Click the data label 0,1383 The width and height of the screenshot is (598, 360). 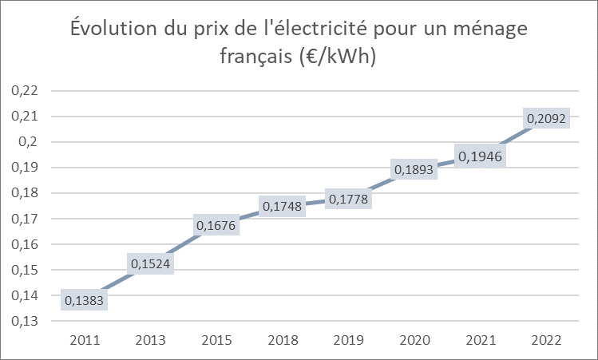point(85,301)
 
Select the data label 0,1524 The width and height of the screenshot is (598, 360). point(149,263)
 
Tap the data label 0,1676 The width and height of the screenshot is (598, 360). point(215,226)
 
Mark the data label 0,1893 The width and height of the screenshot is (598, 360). point(411,170)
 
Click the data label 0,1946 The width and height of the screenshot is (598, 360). point(477,156)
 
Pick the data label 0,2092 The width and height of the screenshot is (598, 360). point(545,119)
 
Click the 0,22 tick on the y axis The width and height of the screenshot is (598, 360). point(25,91)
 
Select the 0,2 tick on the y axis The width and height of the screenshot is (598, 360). point(29,142)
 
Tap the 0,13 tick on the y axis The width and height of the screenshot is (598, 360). point(25,321)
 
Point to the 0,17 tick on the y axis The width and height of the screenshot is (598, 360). point(25,219)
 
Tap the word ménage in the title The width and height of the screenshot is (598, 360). point(490,30)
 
